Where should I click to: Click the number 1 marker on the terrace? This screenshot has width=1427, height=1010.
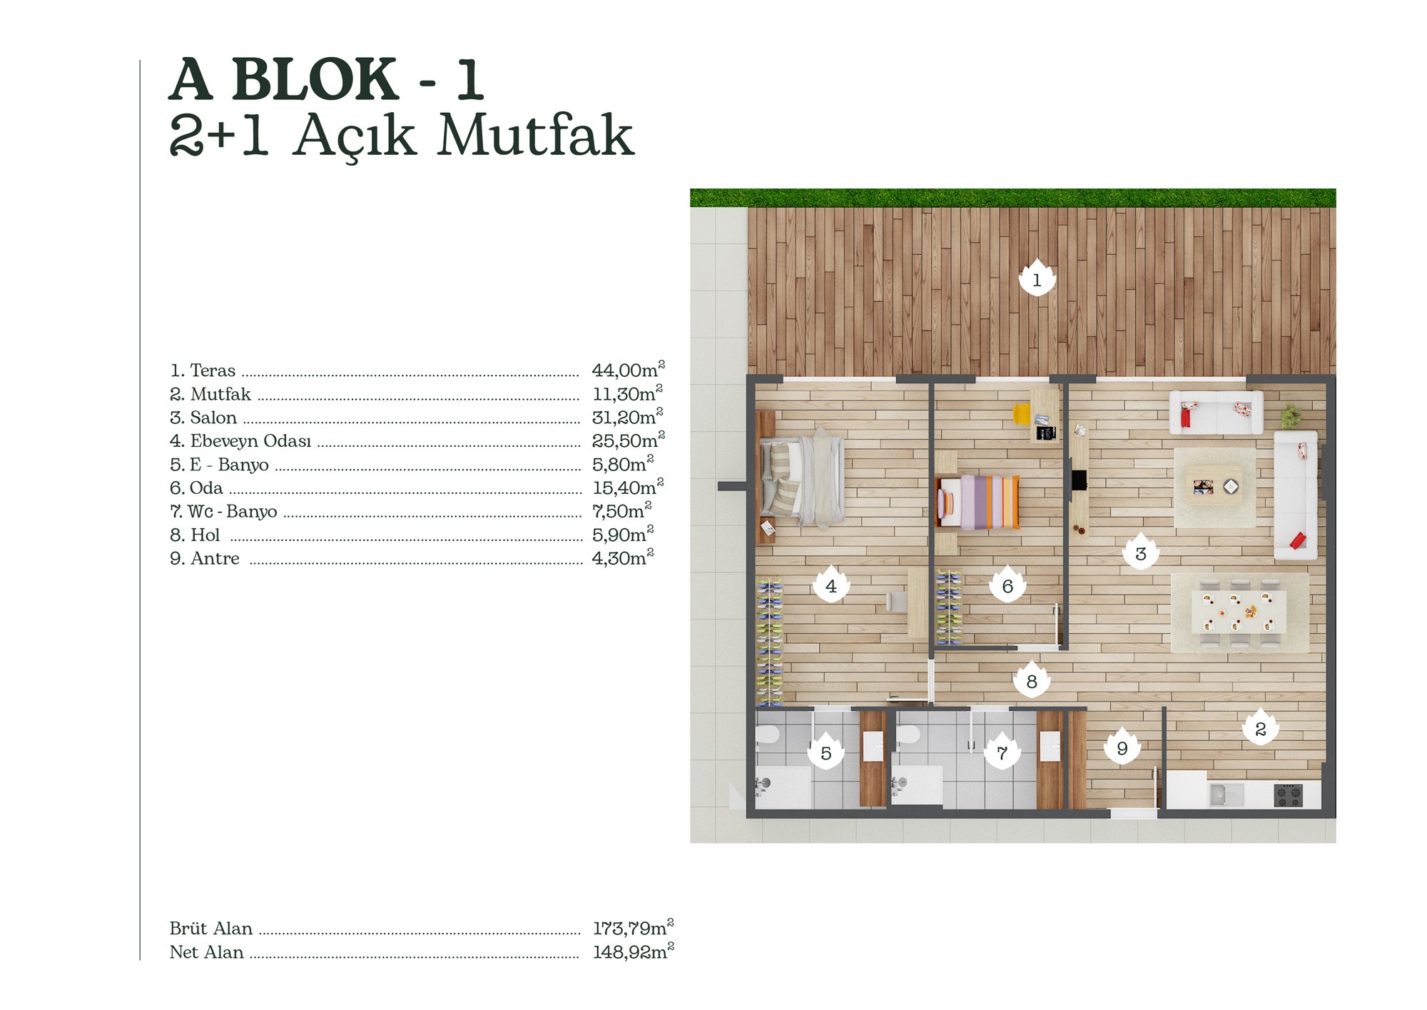pyautogui.click(x=1037, y=278)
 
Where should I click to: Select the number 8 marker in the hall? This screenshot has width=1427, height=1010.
pyautogui.click(x=1031, y=680)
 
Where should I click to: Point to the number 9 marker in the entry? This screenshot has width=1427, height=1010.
pyautogui.click(x=1122, y=747)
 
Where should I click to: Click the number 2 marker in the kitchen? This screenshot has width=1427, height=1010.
pyautogui.click(x=1260, y=727)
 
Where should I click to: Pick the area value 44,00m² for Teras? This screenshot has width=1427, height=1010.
pyautogui.click(x=628, y=370)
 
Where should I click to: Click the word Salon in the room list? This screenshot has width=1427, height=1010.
pyautogui.click(x=213, y=418)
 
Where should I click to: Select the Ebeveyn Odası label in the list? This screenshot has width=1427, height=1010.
pyautogui.click(x=250, y=441)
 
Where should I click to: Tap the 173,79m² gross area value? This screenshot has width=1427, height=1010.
pyautogui.click(x=633, y=927)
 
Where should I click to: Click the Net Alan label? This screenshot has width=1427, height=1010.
pyautogui.click(x=206, y=952)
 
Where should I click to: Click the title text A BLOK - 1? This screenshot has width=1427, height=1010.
pyautogui.click(x=327, y=79)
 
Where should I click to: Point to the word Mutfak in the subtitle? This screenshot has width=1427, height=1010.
pyautogui.click(x=535, y=135)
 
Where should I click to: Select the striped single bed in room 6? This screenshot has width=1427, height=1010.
pyautogui.click(x=977, y=503)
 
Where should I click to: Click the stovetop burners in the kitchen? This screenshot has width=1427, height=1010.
pyautogui.click(x=1289, y=795)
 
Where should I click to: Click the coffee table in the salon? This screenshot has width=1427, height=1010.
pyautogui.click(x=1214, y=486)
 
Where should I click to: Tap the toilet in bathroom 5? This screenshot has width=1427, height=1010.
pyautogui.click(x=768, y=735)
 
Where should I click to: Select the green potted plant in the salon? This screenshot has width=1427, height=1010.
pyautogui.click(x=1290, y=415)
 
